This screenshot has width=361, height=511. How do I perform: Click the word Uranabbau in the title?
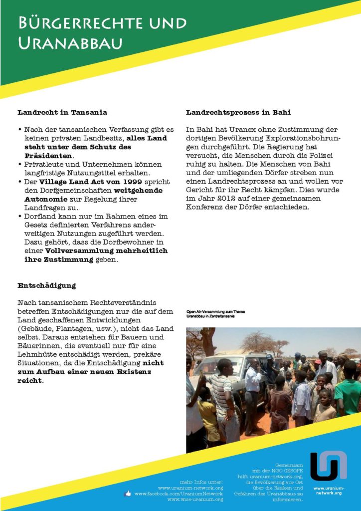coord(70,44)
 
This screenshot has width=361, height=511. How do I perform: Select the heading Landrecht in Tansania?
coord(62,112)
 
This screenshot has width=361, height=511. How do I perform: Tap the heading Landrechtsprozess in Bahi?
coord(238,112)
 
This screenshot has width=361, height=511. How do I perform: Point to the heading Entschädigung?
coord(46,286)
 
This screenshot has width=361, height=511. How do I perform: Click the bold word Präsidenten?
coord(49,155)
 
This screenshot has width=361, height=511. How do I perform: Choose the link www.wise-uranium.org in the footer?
coord(195,500)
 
